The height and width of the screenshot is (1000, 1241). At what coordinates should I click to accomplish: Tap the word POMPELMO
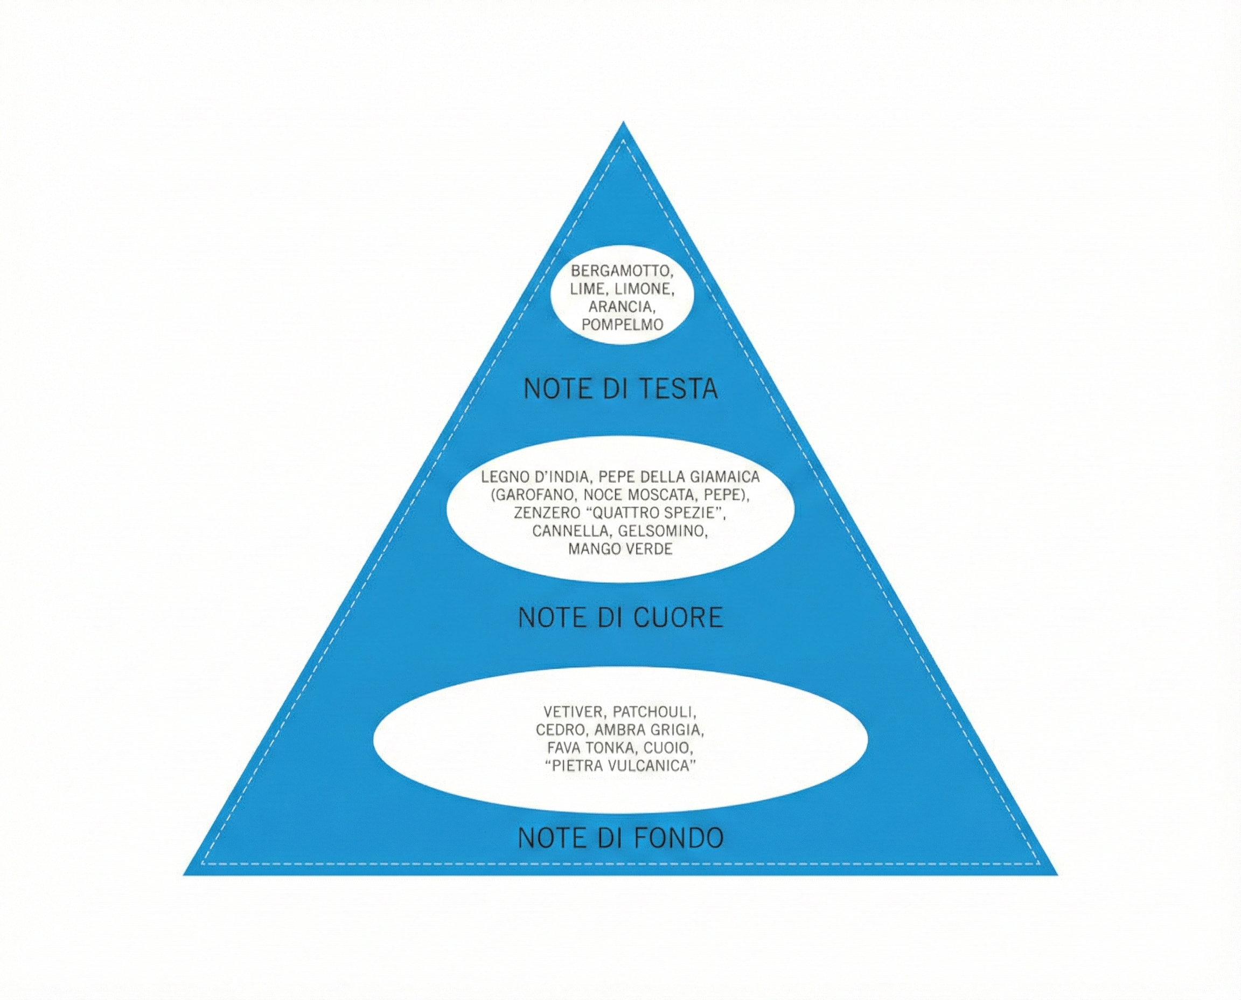(622, 325)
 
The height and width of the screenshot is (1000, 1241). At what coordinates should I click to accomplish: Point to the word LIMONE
(644, 289)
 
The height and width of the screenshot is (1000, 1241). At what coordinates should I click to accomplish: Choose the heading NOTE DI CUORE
(620, 617)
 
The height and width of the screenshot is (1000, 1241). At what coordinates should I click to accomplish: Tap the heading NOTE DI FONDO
(620, 838)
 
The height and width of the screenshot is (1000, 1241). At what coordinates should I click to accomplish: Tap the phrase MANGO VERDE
(620, 548)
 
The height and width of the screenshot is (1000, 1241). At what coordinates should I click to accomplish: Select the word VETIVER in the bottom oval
(573, 712)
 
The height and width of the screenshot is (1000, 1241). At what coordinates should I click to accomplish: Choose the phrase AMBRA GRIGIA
(649, 730)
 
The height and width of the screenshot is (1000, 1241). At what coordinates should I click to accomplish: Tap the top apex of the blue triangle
(623, 123)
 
